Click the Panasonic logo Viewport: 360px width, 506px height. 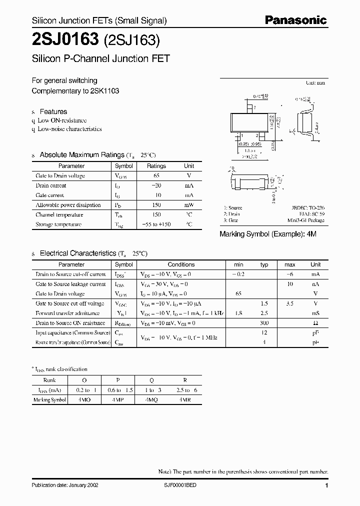point(295,20)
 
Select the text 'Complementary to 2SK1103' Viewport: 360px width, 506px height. point(75,91)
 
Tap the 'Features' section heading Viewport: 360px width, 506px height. point(53,111)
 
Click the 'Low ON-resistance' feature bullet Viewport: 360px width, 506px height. point(62,120)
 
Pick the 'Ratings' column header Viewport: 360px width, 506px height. point(156,166)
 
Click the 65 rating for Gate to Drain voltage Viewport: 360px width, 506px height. point(156,176)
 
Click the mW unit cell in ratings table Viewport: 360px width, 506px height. point(188,205)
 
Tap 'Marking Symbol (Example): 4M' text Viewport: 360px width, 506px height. point(268,234)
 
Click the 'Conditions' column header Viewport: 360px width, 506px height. point(181,264)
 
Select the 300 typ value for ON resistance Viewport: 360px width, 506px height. point(264,323)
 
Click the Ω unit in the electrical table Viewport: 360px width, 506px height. point(315,323)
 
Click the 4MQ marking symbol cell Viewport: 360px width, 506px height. point(151,400)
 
